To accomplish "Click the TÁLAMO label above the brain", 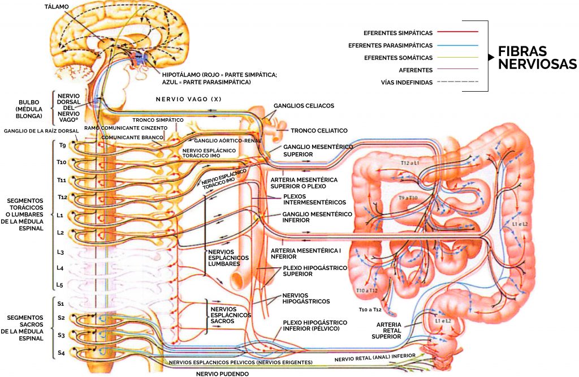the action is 56,7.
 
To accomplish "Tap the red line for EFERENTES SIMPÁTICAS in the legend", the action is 457,32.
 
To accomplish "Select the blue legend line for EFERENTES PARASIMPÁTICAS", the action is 457,45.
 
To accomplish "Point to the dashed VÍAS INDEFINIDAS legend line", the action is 457,82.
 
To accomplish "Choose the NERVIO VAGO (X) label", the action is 188,99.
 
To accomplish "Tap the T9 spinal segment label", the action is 63,145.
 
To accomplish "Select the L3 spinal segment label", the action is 60,252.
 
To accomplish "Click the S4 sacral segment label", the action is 61,353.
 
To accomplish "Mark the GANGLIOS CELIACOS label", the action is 304,106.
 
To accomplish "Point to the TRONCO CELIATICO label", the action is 319,130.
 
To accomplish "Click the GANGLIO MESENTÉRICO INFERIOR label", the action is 317,217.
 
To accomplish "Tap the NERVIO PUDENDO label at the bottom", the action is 222,374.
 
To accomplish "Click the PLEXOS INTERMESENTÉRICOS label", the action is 314,199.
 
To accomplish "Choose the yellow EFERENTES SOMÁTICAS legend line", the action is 457,57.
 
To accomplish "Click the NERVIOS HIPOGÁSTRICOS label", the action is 306,298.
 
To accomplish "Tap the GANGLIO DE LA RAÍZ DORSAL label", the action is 41,131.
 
